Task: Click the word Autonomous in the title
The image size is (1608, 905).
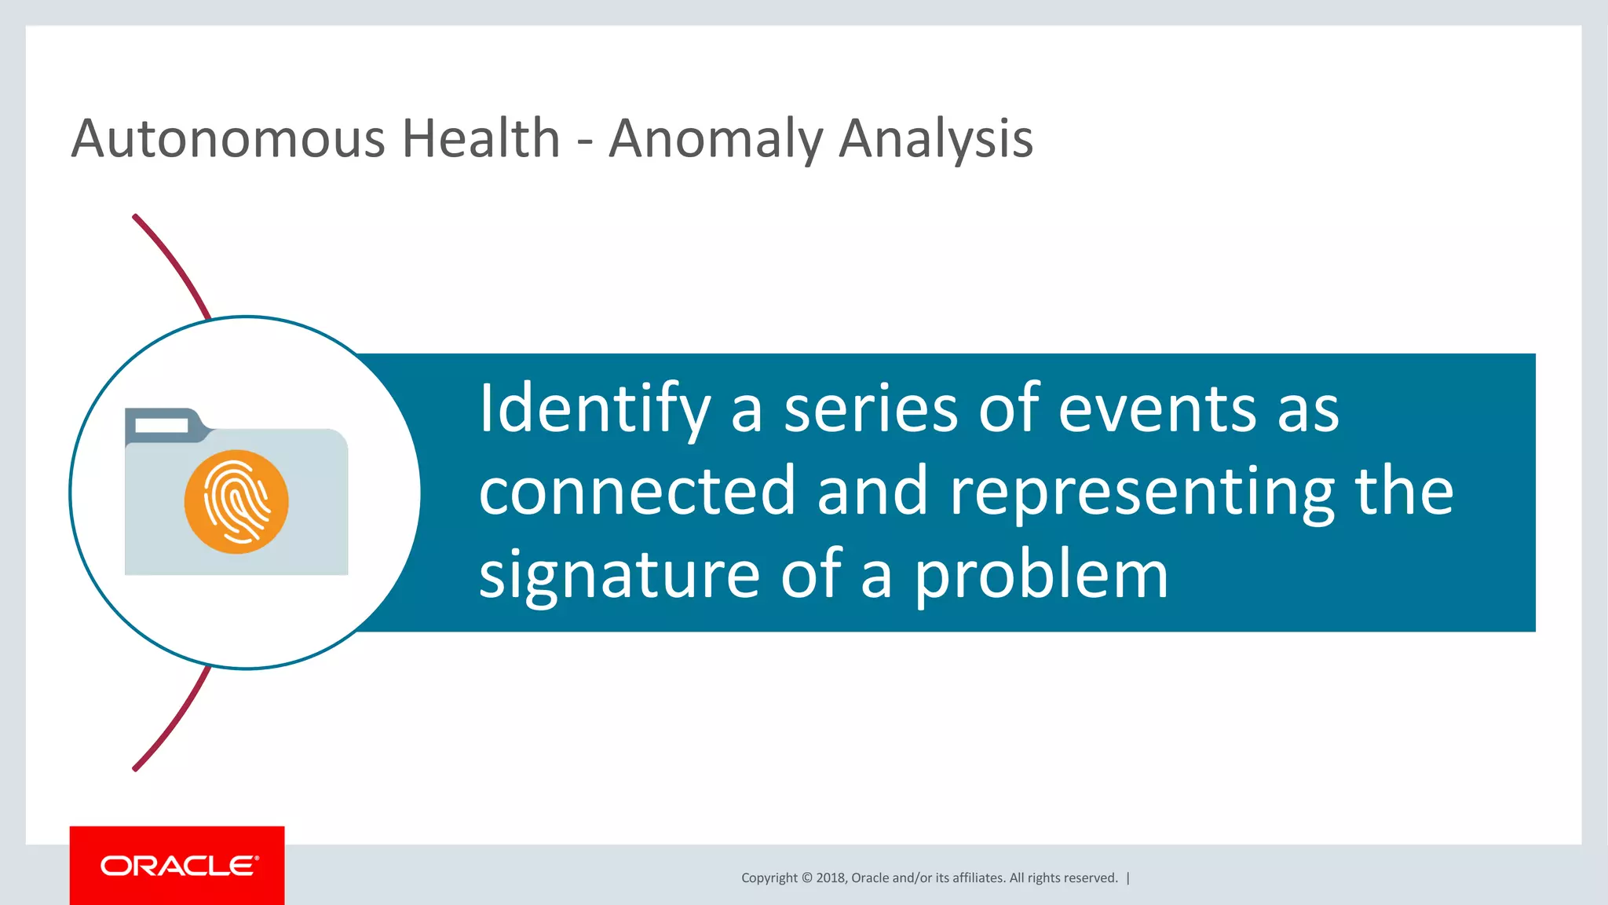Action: point(228,139)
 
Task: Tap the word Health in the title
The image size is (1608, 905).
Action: point(481,139)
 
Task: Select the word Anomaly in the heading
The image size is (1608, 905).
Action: point(714,139)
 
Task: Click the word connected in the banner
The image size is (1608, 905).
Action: point(637,492)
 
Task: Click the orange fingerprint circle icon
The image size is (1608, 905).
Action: point(236,502)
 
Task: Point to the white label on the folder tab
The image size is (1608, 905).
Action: point(162,425)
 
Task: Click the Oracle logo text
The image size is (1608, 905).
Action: point(179,866)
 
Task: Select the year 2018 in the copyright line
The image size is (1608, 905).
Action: point(830,878)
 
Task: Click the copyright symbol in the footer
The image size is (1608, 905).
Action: point(806,878)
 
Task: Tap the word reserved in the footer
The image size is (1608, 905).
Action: point(1093,878)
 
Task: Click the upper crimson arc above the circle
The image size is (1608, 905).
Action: point(174,265)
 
